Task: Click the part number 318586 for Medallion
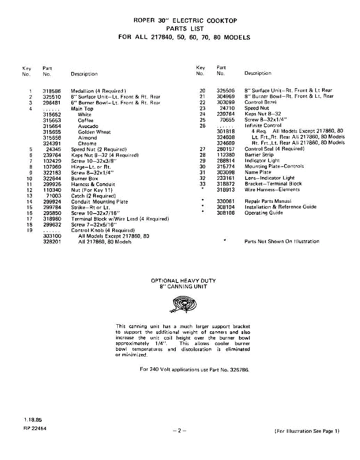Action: pos(52,91)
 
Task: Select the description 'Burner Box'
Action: pos(85,179)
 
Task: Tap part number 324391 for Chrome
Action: pos(52,144)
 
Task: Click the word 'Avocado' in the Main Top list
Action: pos(88,126)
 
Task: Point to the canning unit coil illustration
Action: pos(183,305)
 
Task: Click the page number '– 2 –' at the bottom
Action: pos(180,430)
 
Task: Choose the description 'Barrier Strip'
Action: pos(259,155)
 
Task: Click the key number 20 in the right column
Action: pos(203,90)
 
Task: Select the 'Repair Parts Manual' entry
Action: pos(268,201)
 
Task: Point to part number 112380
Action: pos(226,155)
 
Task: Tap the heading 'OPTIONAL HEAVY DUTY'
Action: pos(183,281)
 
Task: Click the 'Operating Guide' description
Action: pos(264,213)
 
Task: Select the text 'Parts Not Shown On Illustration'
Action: pos(282,242)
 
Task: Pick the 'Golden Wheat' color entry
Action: pos(94,132)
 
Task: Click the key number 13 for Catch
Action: pos(29,196)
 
